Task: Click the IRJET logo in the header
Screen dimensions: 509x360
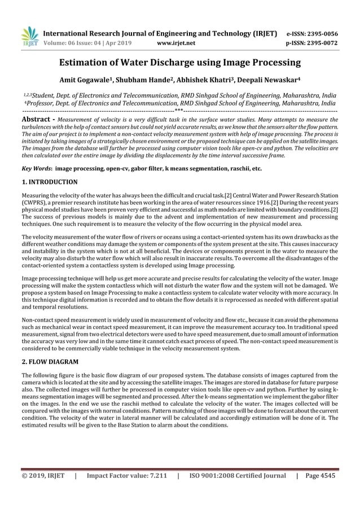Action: click(29, 36)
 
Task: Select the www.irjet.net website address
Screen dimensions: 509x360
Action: click(177, 42)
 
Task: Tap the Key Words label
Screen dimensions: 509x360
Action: click(36, 168)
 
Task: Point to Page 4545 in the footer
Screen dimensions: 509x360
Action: click(319, 476)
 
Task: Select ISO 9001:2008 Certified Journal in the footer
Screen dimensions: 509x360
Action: click(238, 476)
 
